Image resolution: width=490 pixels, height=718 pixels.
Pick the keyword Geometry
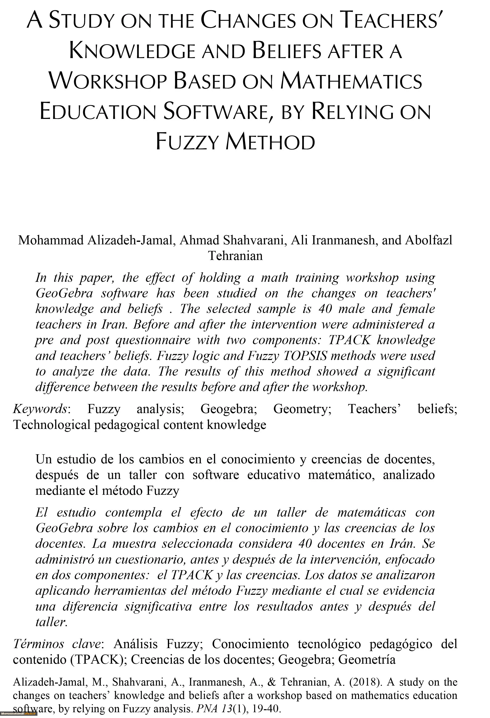(302, 409)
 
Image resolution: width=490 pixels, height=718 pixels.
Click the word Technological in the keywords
(52, 425)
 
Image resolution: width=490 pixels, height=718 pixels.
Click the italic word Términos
(38, 644)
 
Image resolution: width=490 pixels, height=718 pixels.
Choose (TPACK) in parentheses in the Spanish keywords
(99, 659)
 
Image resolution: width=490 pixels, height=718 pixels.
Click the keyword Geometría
(367, 659)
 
